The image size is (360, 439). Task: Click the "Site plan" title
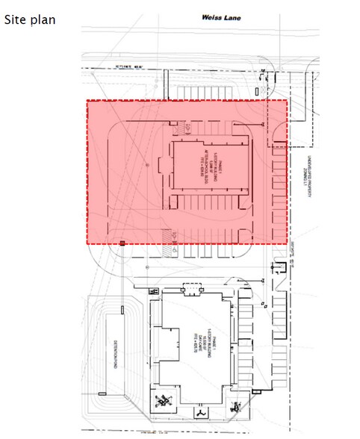click(29, 19)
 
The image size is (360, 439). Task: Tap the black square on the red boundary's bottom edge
click(122, 244)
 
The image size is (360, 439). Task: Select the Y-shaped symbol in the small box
click(202, 411)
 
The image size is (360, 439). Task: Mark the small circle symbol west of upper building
click(146, 162)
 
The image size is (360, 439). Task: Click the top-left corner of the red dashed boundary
click(88, 101)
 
